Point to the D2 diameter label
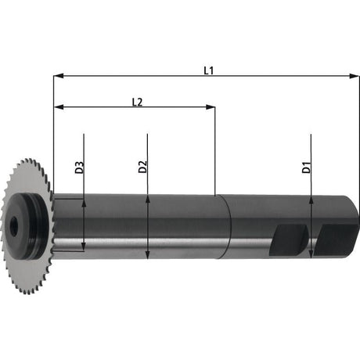(142, 167)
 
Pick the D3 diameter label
(79, 167)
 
